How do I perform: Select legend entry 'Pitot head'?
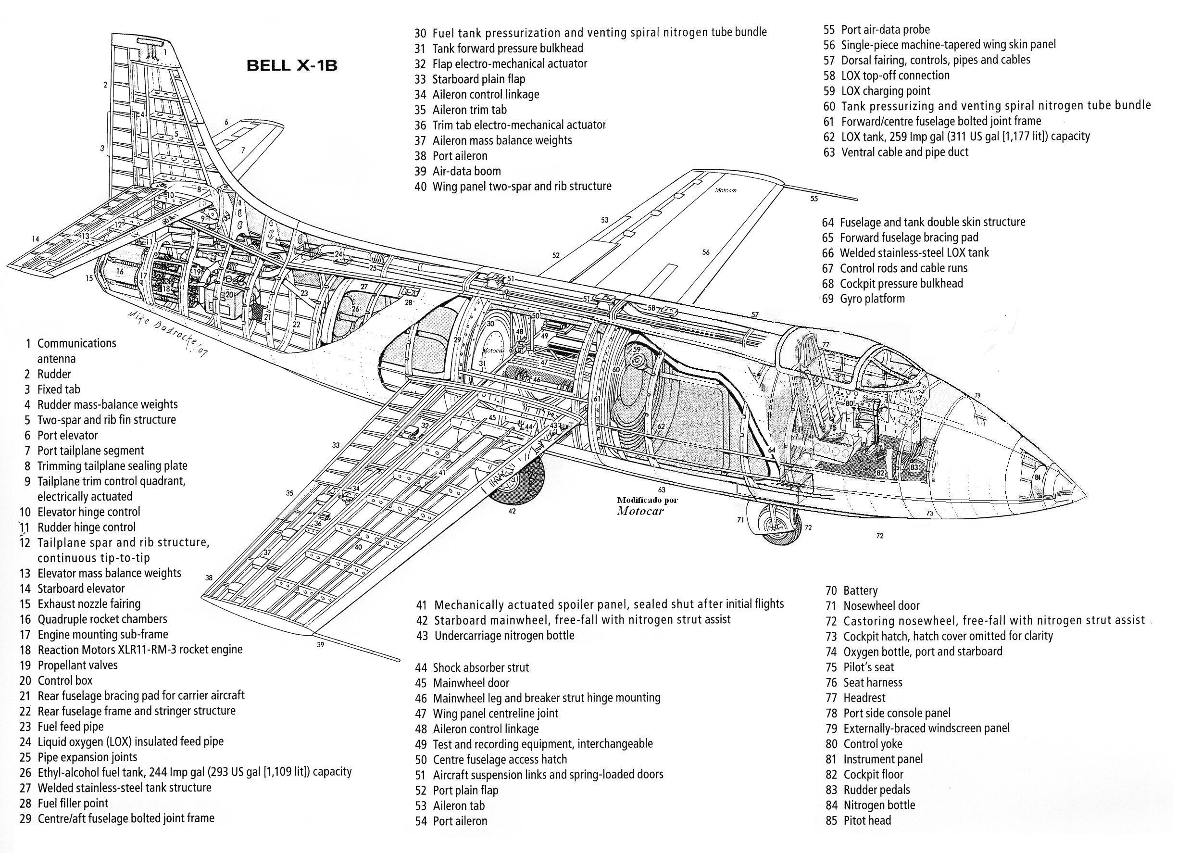point(866,820)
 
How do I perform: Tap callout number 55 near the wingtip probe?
point(814,199)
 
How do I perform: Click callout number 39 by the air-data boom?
point(320,644)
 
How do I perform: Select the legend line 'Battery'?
point(860,590)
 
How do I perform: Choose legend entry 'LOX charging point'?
point(885,90)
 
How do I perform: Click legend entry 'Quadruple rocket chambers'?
point(102,619)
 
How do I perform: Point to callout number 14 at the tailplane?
point(35,239)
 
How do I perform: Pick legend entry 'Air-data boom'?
point(466,171)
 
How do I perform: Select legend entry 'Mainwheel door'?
point(471,683)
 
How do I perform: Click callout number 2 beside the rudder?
point(105,85)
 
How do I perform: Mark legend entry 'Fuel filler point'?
point(73,803)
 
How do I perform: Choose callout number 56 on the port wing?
point(706,252)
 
